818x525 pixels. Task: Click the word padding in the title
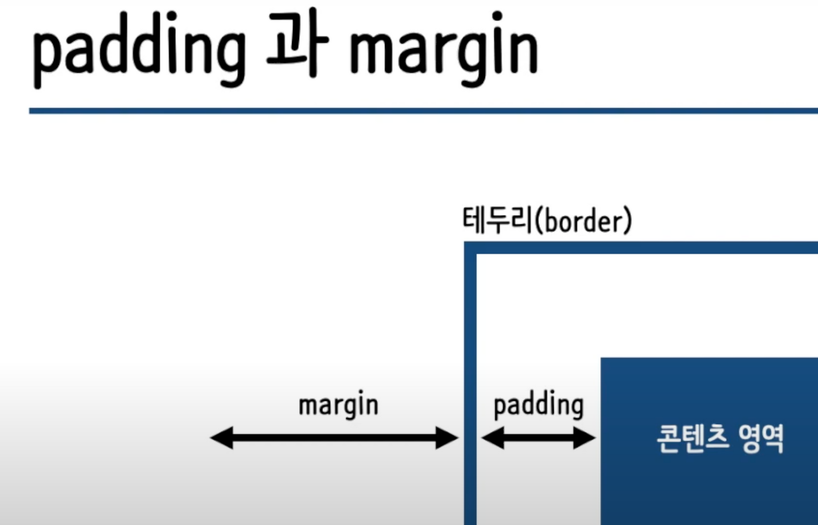pos(139,49)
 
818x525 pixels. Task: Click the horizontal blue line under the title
pos(422,111)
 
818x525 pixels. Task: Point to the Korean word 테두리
pos(497,220)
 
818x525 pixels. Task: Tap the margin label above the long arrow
pos(338,405)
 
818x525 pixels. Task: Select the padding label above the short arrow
pos(538,405)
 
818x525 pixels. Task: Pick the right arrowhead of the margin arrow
pos(447,438)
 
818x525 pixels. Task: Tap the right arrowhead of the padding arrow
pos(585,438)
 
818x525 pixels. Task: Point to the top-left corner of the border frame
pos(470,248)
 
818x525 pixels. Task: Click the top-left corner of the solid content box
pos(603,360)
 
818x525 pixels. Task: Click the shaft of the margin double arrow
pos(334,438)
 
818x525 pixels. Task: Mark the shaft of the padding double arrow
pos(538,438)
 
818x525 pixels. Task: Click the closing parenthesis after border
pos(628,220)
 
